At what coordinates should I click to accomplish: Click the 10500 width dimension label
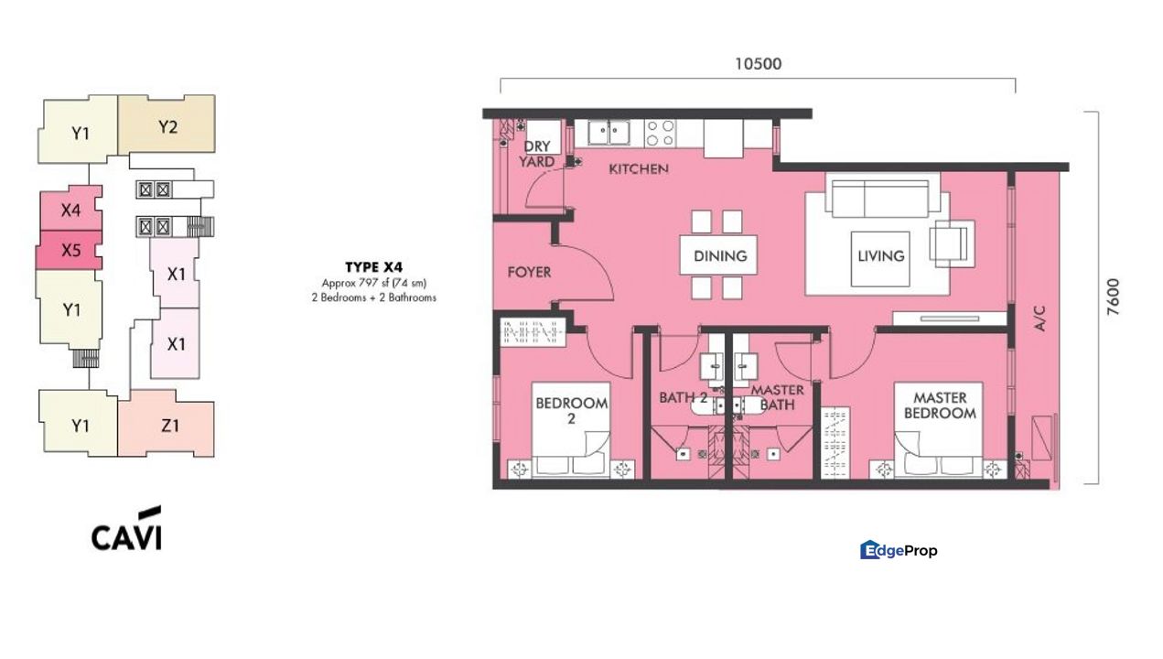click(758, 64)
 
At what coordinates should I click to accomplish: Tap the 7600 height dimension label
click(1114, 297)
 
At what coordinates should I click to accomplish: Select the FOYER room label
click(529, 272)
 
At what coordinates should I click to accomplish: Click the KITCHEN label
click(639, 168)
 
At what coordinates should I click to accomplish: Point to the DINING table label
click(720, 255)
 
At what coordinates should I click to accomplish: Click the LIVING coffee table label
click(880, 255)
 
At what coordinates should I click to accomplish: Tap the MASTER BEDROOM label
click(940, 405)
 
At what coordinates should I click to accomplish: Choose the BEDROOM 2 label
click(572, 411)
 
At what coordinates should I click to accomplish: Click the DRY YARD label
click(537, 154)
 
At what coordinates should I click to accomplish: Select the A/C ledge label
click(1039, 318)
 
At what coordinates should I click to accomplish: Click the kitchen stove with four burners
click(661, 134)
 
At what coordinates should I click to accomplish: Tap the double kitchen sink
click(609, 133)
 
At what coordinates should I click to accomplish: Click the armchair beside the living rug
click(950, 244)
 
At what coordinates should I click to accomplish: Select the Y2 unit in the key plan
click(167, 124)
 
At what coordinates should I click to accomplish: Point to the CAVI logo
click(126, 529)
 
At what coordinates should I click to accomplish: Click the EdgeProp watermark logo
click(899, 550)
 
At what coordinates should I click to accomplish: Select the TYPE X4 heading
click(374, 267)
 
